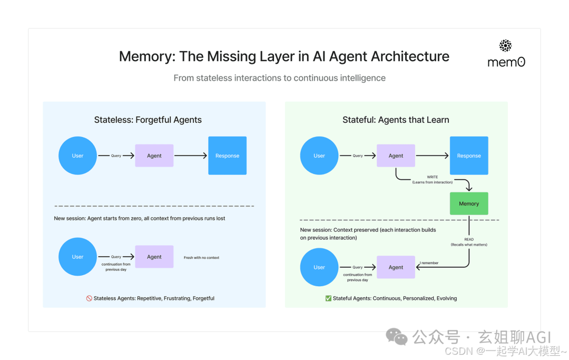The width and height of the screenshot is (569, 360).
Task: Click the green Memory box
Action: [x=469, y=203]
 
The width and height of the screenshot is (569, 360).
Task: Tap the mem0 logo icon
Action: [x=505, y=46]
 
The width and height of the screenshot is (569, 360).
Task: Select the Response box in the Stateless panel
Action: [x=227, y=155]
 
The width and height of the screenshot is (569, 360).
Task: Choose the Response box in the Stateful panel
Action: [x=469, y=155]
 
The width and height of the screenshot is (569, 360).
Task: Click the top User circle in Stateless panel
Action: [x=77, y=155]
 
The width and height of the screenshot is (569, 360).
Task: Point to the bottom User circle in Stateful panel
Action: [x=319, y=267]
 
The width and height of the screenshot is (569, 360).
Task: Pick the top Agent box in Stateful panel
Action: [x=396, y=155]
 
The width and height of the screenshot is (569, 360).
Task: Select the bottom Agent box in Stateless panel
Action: [x=154, y=257]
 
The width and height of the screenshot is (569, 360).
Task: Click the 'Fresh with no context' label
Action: [x=201, y=258]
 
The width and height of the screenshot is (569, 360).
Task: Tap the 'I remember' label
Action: [x=429, y=263]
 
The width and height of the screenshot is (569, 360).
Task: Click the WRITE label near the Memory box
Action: [x=432, y=177]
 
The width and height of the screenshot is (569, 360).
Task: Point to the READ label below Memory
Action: [x=469, y=239]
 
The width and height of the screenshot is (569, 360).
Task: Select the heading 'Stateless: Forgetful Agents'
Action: [x=148, y=120]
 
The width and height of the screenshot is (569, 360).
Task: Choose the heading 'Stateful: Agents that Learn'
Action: [x=396, y=120]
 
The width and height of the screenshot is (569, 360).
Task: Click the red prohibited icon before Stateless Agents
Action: [x=89, y=298]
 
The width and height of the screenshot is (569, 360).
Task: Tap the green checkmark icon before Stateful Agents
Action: [x=328, y=298]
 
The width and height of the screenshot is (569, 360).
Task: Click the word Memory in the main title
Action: [x=145, y=56]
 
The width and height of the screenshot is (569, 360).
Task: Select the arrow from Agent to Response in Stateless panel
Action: [x=191, y=155]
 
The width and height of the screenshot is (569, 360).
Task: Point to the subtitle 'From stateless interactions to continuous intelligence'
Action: [x=280, y=78]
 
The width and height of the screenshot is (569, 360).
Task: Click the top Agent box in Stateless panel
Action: [x=154, y=155]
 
